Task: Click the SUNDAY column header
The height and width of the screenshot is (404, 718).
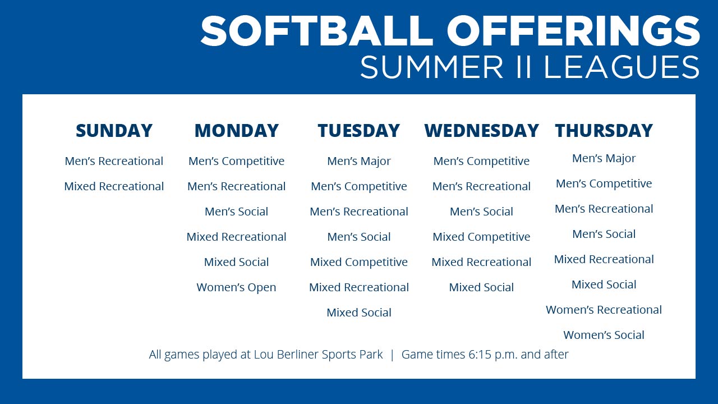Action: (x=114, y=131)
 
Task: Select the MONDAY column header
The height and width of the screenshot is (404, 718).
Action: (x=236, y=131)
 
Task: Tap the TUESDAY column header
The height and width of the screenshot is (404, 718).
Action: (x=358, y=131)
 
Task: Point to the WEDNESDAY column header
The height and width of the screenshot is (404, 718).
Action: (x=481, y=131)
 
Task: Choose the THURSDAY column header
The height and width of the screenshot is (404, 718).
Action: (x=604, y=131)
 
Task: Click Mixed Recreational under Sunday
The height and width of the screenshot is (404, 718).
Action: (x=114, y=186)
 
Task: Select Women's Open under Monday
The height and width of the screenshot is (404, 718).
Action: (x=236, y=287)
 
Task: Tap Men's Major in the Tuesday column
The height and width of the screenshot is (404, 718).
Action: (x=358, y=161)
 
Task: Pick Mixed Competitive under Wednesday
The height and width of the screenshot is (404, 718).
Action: (x=481, y=237)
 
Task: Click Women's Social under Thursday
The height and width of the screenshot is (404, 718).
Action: (x=604, y=335)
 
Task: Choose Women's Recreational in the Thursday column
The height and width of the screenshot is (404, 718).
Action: (x=604, y=310)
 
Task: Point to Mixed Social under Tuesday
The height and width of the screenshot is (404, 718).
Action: (x=358, y=313)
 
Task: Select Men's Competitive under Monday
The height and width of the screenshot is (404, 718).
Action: (x=236, y=161)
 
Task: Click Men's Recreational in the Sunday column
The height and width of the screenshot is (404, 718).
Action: (x=114, y=161)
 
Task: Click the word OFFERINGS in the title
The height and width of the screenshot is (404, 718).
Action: (x=573, y=31)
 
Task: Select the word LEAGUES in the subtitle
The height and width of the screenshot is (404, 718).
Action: (x=622, y=67)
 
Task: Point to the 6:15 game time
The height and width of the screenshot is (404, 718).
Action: (x=478, y=355)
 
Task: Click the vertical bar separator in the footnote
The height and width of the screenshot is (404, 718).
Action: (x=392, y=355)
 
